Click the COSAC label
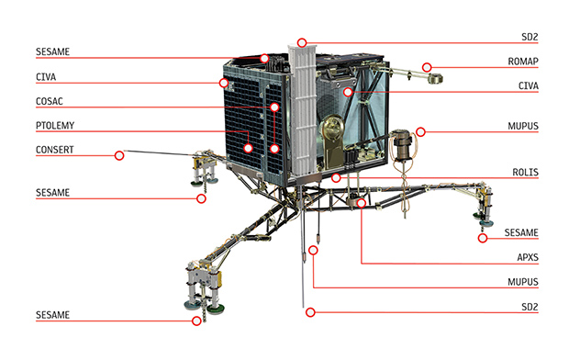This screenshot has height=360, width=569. [x=50, y=101]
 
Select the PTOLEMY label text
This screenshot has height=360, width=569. [x=55, y=126]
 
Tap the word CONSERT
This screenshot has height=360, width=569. [x=55, y=150]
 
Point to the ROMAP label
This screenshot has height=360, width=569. [x=522, y=62]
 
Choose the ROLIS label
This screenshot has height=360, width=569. [x=525, y=172]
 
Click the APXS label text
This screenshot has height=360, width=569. [x=528, y=257]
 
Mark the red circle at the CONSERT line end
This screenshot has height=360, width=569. [x=119, y=155]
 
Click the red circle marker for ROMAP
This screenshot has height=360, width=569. [x=427, y=67]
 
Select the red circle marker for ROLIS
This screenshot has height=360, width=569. [x=336, y=177]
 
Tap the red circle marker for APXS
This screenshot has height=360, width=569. [x=361, y=203]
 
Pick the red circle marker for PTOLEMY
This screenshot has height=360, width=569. [x=248, y=148]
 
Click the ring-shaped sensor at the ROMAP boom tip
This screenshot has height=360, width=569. [x=435, y=78]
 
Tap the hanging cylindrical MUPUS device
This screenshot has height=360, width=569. [x=401, y=145]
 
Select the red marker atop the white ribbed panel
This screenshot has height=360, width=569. [x=302, y=42]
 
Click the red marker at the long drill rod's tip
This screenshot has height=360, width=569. [x=310, y=312]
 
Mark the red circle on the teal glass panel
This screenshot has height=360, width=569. [x=348, y=92]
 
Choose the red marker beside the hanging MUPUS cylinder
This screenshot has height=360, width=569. [x=420, y=132]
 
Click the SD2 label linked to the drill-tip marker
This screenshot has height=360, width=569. [x=530, y=307]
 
